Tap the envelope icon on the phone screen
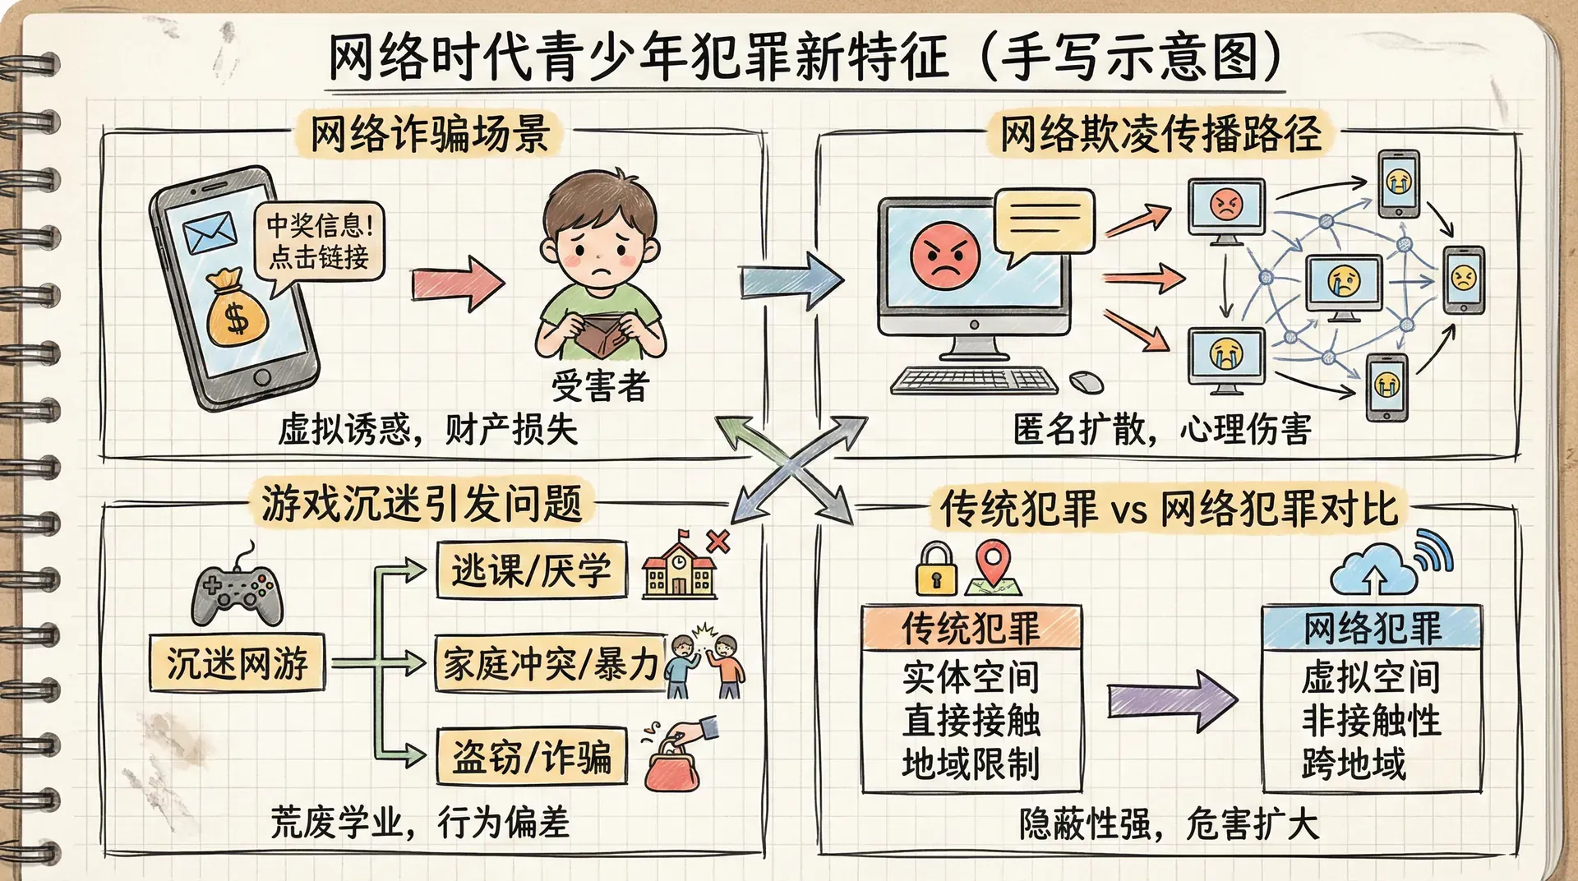[210, 233]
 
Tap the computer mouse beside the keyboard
[1087, 381]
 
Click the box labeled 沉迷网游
[237, 662]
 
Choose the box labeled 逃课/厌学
[531, 570]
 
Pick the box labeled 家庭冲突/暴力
[550, 663]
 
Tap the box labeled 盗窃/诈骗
[531, 756]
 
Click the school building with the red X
[680, 568]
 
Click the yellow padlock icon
[937, 570]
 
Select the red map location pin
[992, 564]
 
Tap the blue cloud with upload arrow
[1373, 570]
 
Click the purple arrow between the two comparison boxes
[1171, 701]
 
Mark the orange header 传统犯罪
[971, 629]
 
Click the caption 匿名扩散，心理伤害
[1162, 429]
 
